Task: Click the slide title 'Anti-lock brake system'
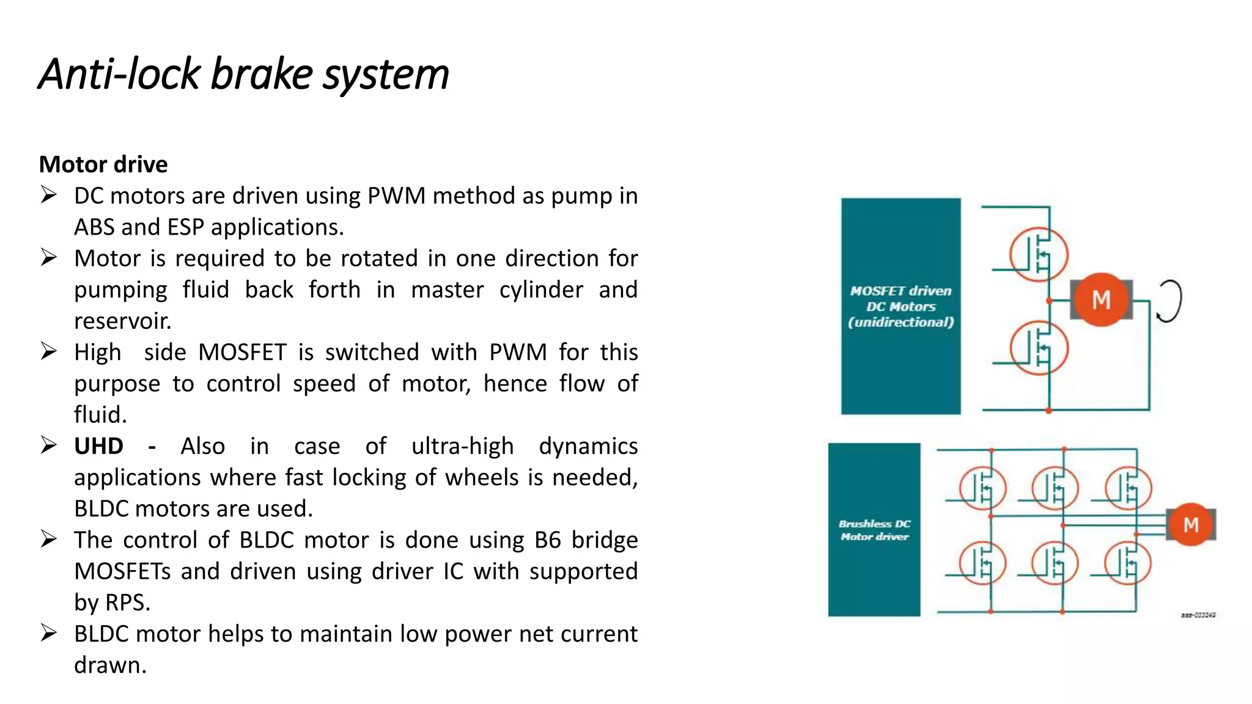pyautogui.click(x=243, y=75)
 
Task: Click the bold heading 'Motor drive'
pyautogui.click(x=103, y=164)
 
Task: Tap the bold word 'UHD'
pyautogui.click(x=98, y=446)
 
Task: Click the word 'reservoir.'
pyautogui.click(x=122, y=321)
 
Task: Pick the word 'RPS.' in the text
pyautogui.click(x=127, y=603)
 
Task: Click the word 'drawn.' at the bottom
pyautogui.click(x=110, y=665)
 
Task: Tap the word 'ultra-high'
pyautogui.click(x=462, y=446)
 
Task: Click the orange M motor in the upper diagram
pyautogui.click(x=1101, y=299)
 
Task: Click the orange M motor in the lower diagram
pyautogui.click(x=1190, y=524)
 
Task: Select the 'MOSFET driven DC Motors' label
pyautogui.click(x=900, y=306)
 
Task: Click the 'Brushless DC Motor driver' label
pyautogui.click(x=874, y=530)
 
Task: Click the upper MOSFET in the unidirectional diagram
pyautogui.click(x=1038, y=254)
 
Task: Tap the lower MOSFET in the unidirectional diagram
pyautogui.click(x=1038, y=348)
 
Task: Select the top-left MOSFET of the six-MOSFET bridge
pyautogui.click(x=982, y=488)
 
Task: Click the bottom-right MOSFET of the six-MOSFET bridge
pyautogui.click(x=1128, y=563)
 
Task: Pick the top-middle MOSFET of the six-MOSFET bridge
pyautogui.click(x=1055, y=488)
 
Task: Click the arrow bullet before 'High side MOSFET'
pyautogui.click(x=49, y=351)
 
